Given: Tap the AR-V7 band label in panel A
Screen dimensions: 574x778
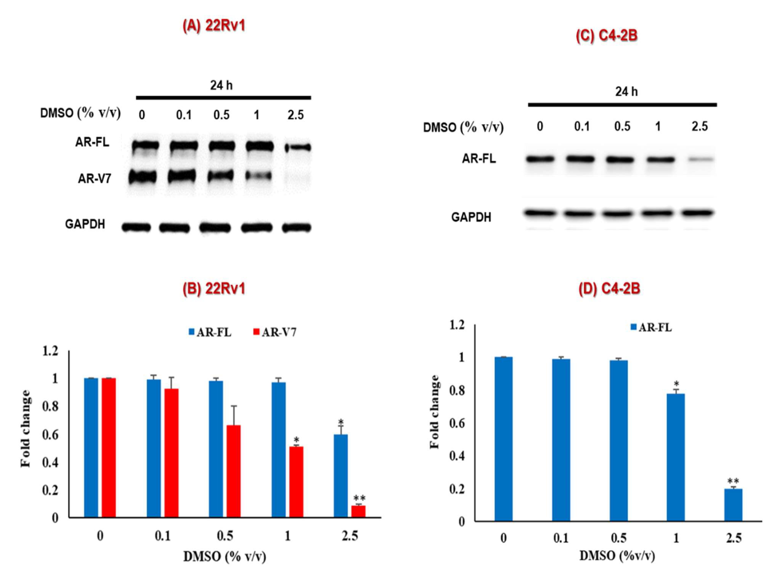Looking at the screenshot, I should click(x=95, y=179).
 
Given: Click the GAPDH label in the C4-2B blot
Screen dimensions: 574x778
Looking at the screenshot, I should click(x=471, y=217).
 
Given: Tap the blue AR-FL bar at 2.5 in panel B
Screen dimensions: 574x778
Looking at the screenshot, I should click(x=340, y=476).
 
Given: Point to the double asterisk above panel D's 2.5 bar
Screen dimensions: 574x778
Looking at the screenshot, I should click(x=733, y=481).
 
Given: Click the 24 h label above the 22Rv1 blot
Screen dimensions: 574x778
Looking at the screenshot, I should click(x=221, y=85).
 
